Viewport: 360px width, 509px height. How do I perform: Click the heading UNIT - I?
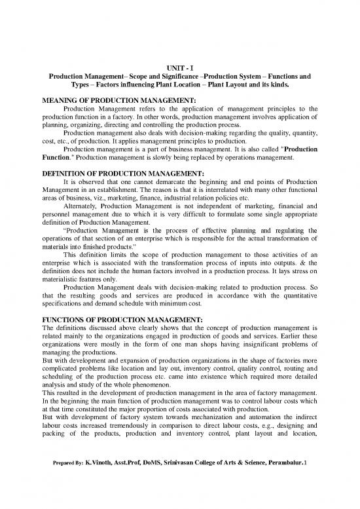tap(180, 67)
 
